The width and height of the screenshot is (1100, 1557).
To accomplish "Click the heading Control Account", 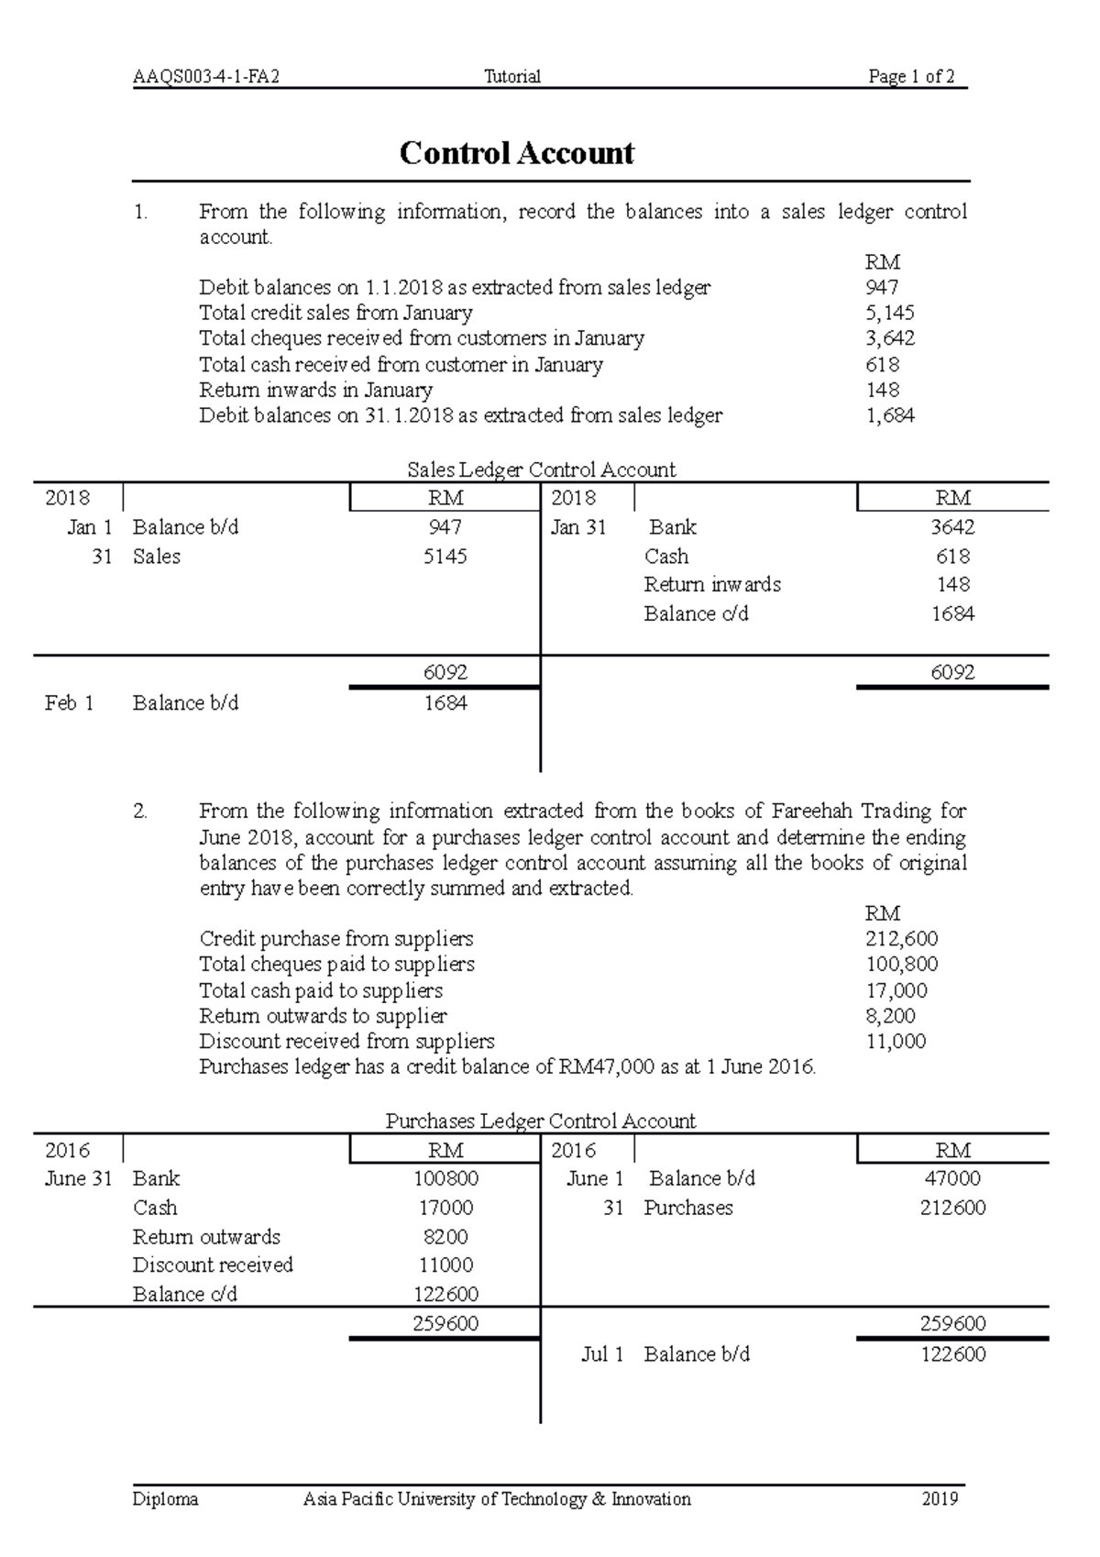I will [516, 153].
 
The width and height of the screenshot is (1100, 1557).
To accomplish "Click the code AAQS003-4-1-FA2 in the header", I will [205, 77].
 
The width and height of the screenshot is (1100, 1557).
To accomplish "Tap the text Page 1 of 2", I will [911, 77].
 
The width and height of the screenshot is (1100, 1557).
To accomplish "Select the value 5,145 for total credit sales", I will [889, 313].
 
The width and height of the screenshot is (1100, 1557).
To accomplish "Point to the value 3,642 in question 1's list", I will [889, 338].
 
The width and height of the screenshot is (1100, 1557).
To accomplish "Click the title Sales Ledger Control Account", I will [541, 470].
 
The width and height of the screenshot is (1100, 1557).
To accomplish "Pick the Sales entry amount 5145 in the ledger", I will [445, 557].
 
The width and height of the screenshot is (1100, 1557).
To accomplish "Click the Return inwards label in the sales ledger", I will [712, 585].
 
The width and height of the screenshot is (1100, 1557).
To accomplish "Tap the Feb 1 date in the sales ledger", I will [69, 703].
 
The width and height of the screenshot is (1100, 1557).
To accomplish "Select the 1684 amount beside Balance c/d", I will [952, 614].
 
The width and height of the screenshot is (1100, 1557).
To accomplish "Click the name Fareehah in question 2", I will [816, 812].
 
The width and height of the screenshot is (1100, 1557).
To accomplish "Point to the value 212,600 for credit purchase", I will [901, 939].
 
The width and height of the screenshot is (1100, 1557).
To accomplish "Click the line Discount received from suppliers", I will [346, 1042].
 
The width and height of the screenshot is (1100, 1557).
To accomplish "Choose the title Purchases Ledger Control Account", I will [541, 1121].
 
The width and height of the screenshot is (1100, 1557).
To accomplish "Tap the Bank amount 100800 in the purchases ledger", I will [445, 1178].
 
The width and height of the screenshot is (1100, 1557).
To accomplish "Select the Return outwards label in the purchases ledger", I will [206, 1237].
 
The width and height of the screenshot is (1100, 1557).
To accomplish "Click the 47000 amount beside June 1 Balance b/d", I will [952, 1178].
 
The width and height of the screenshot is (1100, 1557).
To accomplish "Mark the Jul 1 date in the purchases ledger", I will [602, 1354].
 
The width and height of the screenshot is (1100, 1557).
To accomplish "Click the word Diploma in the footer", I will [165, 1499].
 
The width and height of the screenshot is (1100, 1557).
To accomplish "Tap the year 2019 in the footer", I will [940, 1499].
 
